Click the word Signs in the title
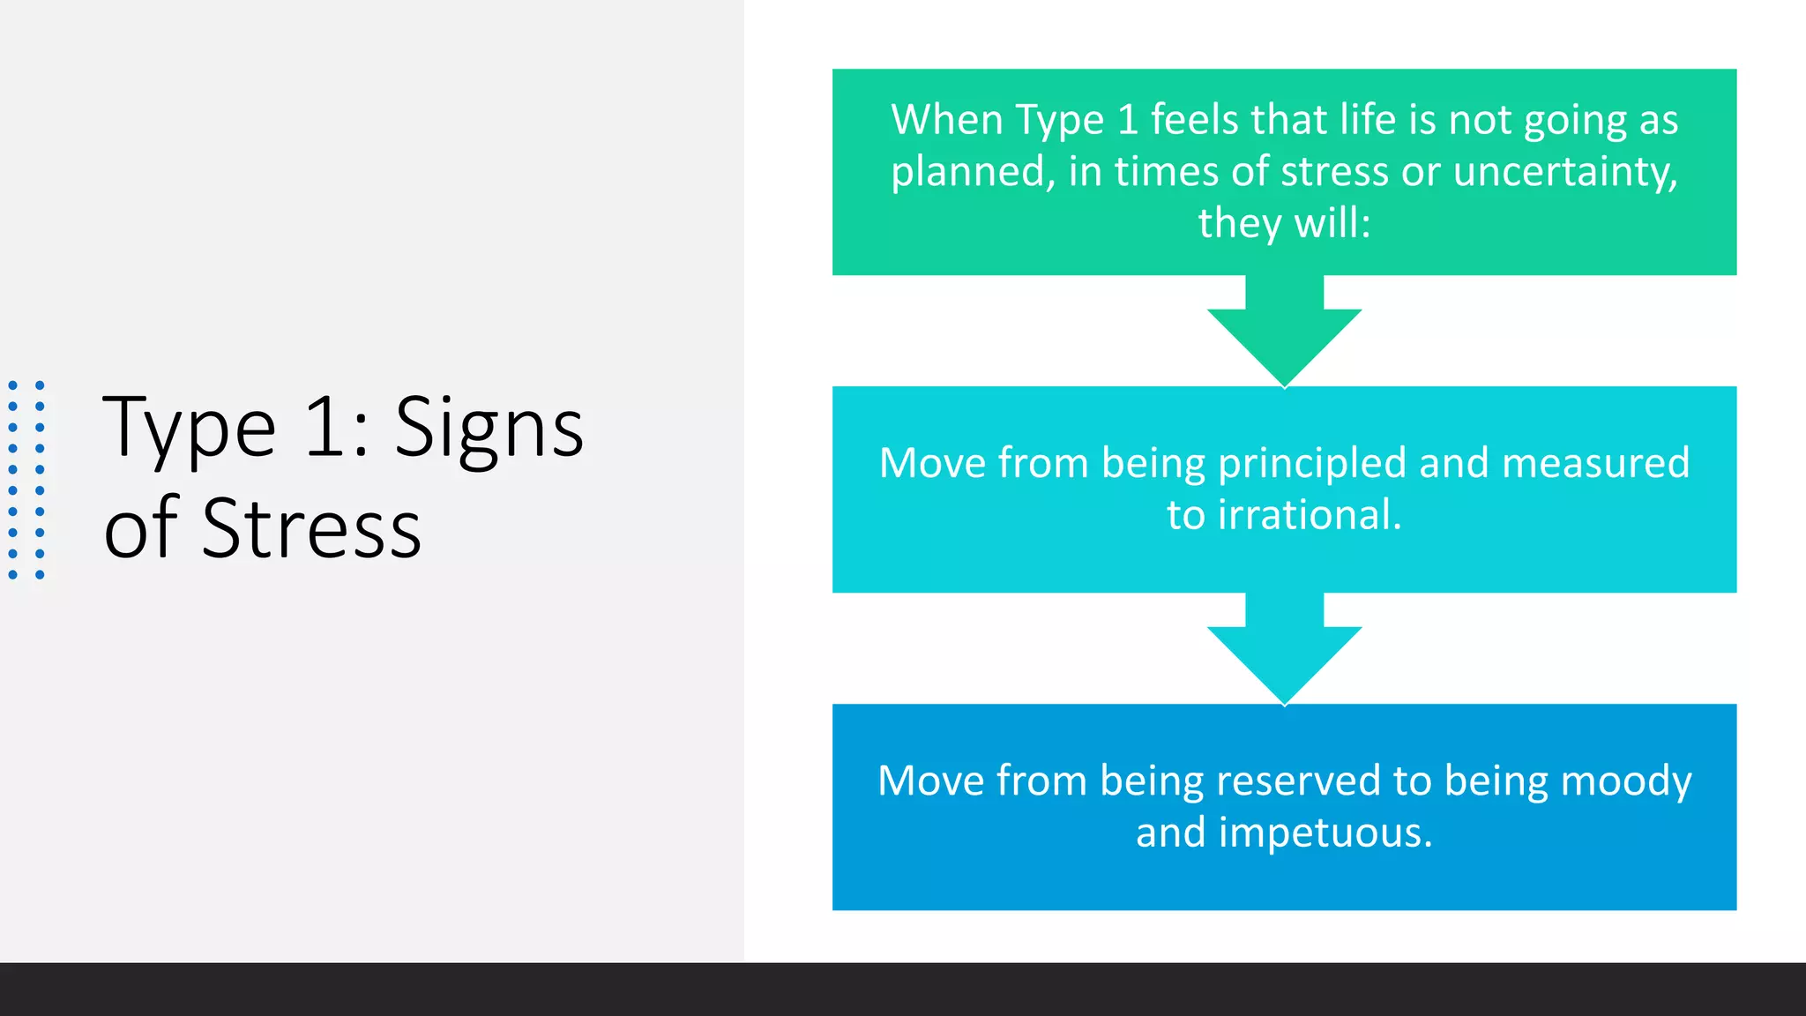tap(489, 430)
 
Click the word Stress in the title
tap(311, 529)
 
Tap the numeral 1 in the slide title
tap(325, 428)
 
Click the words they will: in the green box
tap(1284, 223)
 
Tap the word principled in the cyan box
tap(1311, 465)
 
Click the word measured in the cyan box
tap(1595, 463)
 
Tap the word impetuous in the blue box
tap(1325, 833)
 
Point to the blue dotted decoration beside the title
tap(26, 480)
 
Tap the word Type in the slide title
tap(190, 430)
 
